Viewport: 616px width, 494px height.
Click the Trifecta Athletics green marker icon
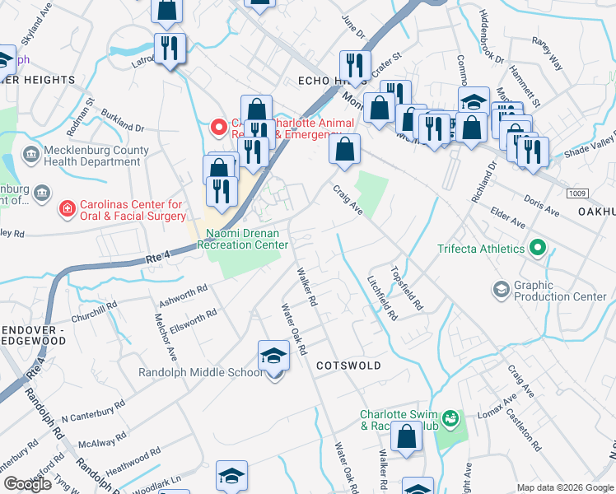point(539,247)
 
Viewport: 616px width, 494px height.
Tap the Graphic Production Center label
point(560,291)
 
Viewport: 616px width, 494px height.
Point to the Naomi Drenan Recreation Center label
point(246,239)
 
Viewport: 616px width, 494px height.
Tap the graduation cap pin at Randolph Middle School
point(274,357)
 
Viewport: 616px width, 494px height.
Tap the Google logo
point(28,484)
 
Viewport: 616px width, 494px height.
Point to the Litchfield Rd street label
point(382,297)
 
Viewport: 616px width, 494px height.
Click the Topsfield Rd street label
point(408,287)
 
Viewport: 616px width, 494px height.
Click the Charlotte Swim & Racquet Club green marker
point(450,420)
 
